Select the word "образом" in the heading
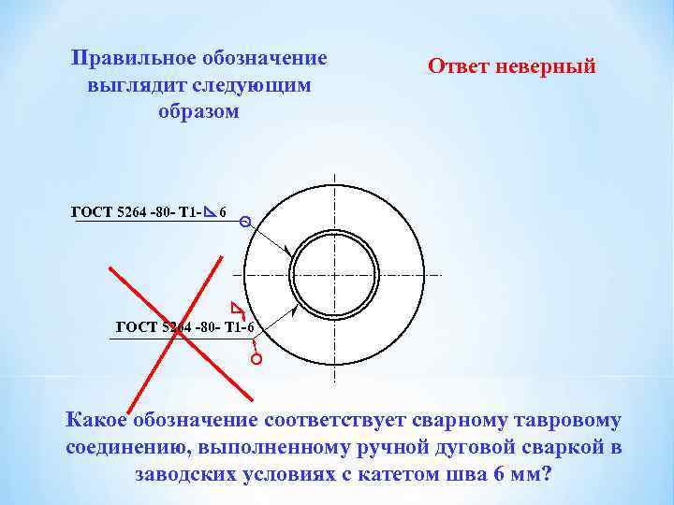click(199, 111)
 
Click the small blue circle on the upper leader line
click(245, 223)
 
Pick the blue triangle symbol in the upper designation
click(211, 211)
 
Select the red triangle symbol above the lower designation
click(237, 308)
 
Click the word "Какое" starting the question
click(97, 421)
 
